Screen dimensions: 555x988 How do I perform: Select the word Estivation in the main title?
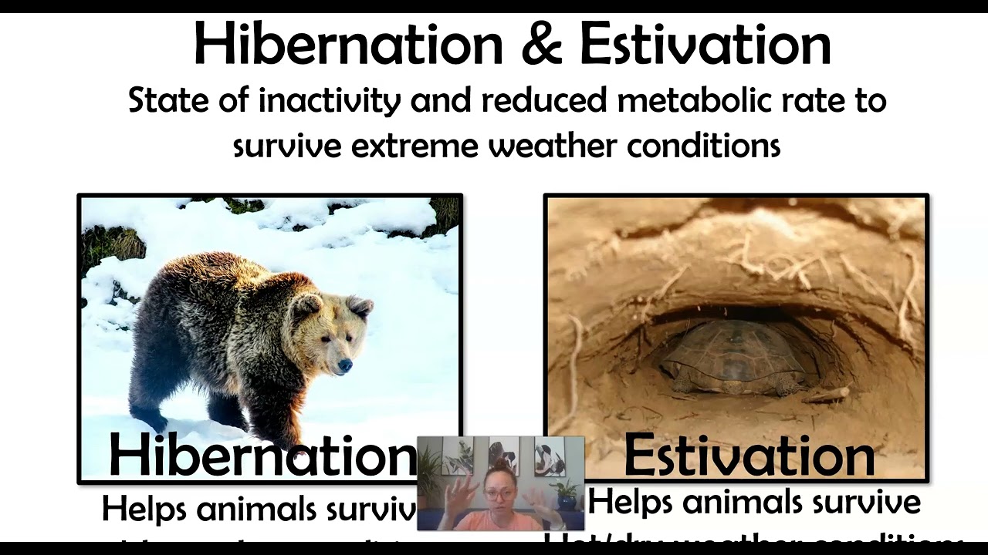705,45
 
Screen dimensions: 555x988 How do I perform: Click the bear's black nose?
345,366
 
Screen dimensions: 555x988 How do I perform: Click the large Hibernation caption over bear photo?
262,455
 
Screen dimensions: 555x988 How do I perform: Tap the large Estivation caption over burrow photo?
749,455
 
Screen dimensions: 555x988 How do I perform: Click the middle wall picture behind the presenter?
503,455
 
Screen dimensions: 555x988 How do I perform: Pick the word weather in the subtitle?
551,145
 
